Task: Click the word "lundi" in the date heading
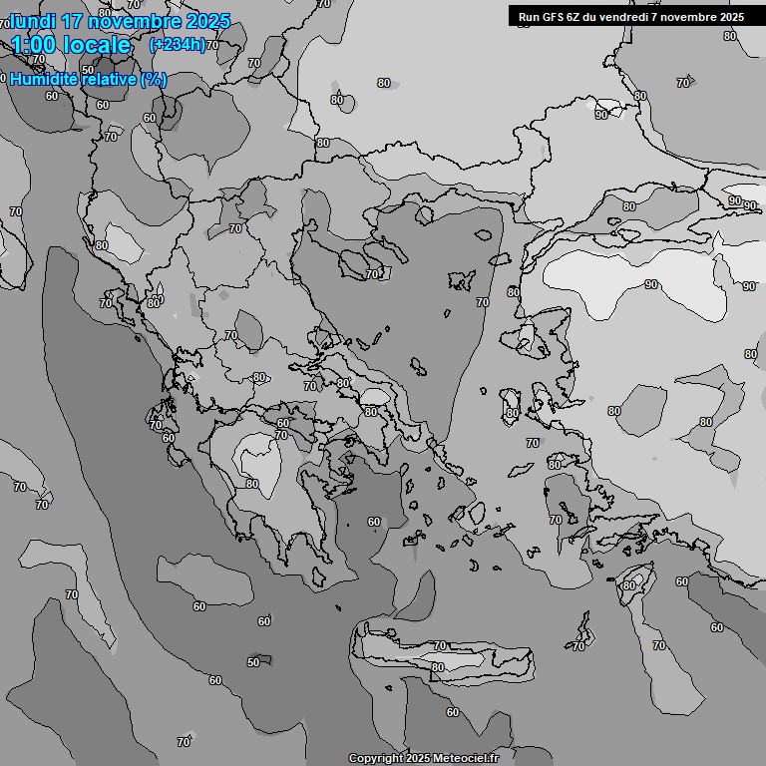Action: (x=31, y=21)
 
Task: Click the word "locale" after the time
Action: (x=100, y=45)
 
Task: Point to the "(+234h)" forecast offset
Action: (x=177, y=44)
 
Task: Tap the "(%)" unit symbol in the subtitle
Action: (x=154, y=80)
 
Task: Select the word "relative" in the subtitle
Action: (x=107, y=80)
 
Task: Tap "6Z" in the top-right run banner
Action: (x=577, y=17)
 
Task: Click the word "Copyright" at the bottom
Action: (x=375, y=759)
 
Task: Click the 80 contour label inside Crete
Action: (x=437, y=667)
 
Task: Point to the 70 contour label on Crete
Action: (x=440, y=646)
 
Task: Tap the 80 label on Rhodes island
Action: (x=628, y=585)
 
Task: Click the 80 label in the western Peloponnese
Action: (x=252, y=484)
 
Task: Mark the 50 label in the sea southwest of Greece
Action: (x=253, y=662)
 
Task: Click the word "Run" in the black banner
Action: (x=529, y=17)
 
